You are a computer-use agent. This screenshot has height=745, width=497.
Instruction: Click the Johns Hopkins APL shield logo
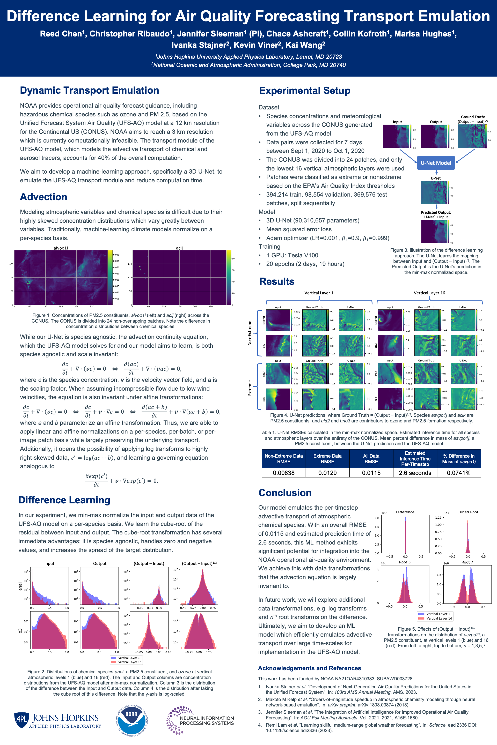pyautogui.click(x=21, y=720)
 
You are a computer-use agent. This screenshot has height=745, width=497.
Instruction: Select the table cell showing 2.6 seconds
pyautogui.click(x=415, y=473)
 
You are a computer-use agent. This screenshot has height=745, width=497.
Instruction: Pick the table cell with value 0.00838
pyautogui.click(x=283, y=473)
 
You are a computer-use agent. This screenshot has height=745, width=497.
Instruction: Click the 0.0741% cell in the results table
pyautogui.click(x=458, y=473)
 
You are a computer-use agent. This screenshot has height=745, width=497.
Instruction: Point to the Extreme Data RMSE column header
pyautogui.click(x=327, y=458)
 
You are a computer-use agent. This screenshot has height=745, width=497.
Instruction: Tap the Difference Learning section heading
pyautogui.click(x=64, y=500)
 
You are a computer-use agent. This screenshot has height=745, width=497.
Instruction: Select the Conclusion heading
pyautogui.click(x=285, y=493)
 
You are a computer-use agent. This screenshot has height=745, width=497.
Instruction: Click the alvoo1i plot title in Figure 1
pyautogui.click(x=60, y=248)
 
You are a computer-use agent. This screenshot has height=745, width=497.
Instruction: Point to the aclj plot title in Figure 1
pyautogui.click(x=179, y=248)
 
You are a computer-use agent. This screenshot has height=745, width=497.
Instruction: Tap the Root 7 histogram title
pyautogui.click(x=467, y=562)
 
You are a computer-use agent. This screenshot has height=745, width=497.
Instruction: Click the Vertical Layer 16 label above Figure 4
pyautogui.click(x=429, y=293)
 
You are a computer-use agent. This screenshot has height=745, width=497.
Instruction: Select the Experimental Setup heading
pyautogui.click(x=304, y=91)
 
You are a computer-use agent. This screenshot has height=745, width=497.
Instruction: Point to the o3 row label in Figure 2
pyautogui.click(x=20, y=631)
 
